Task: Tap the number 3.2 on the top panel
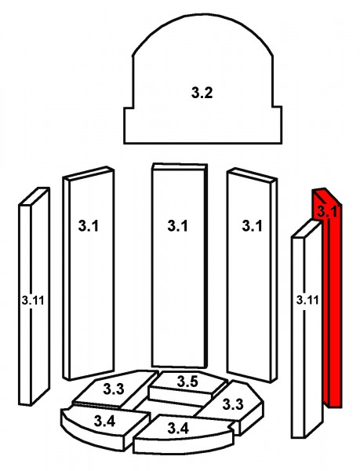(x=202, y=92)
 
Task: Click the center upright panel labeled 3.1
(x=180, y=265)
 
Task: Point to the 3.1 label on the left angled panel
(x=88, y=225)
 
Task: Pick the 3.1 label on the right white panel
(x=252, y=225)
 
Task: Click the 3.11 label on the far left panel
(x=33, y=300)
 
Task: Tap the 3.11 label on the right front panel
(x=307, y=300)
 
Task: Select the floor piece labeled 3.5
(x=187, y=388)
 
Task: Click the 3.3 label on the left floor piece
(x=114, y=389)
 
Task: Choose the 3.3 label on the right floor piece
(x=233, y=404)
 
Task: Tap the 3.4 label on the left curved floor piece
(x=104, y=421)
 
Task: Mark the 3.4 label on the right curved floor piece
(x=178, y=428)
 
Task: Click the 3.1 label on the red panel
(x=328, y=211)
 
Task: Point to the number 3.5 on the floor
(x=187, y=382)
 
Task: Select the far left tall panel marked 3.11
(x=35, y=297)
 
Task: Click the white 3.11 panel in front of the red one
(x=307, y=329)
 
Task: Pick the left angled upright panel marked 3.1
(x=89, y=273)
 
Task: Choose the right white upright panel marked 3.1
(x=252, y=275)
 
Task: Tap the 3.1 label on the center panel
(x=178, y=225)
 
